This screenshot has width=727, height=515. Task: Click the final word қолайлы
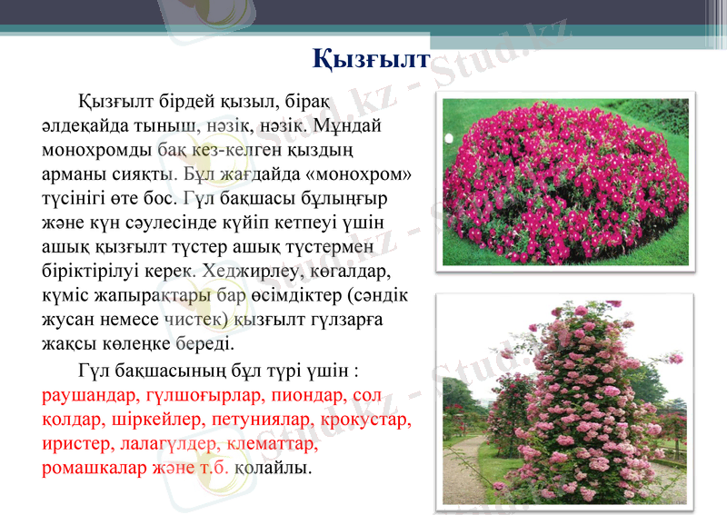273,470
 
